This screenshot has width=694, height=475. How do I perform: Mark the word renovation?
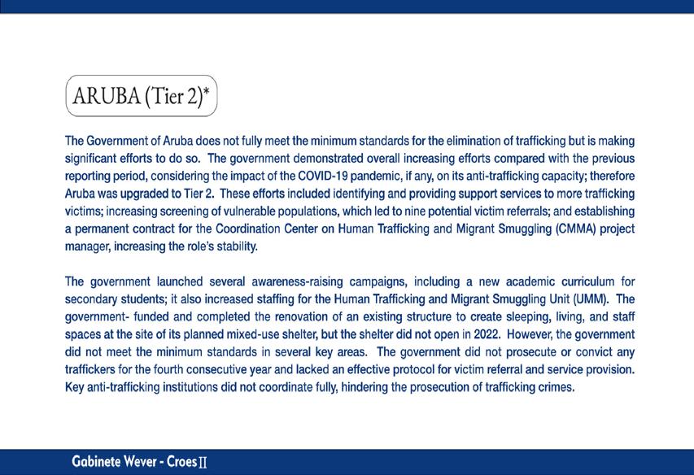click(277, 317)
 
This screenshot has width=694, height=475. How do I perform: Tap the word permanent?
click(102, 229)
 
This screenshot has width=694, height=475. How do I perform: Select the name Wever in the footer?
click(146, 462)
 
